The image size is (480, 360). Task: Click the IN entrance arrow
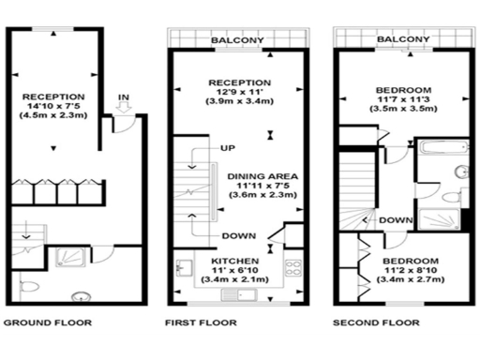123,111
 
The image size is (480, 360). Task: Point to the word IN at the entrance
123,97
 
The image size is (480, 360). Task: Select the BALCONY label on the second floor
403,39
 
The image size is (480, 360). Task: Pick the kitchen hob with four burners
292,266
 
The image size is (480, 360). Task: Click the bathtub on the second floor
439,149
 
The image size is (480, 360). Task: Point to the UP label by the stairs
228,148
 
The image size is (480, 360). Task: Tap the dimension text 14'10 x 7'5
53,107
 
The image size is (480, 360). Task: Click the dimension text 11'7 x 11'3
403,97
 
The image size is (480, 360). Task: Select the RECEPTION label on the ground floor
53,96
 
